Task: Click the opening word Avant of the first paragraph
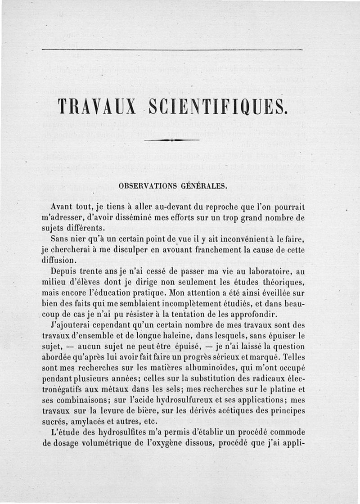pyautogui.click(x=62, y=207)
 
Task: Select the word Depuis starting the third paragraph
pyautogui.click(x=64, y=271)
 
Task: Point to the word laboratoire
pyautogui.click(x=271, y=271)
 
